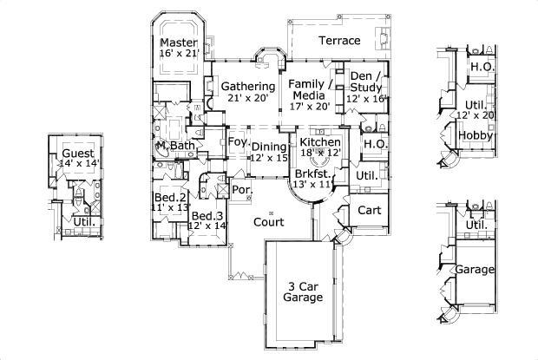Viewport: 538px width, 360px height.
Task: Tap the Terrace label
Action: [x=338, y=41]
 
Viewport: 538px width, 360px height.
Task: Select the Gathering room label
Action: [x=248, y=87]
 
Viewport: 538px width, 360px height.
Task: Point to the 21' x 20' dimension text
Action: [x=248, y=98]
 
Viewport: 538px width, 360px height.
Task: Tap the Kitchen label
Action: [x=319, y=141]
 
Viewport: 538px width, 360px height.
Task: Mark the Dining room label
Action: [x=269, y=147]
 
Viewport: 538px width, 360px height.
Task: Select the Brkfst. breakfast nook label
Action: [x=312, y=173]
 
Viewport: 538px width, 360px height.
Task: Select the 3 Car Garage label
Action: [x=303, y=291]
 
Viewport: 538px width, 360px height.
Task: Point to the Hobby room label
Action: [x=476, y=136]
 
